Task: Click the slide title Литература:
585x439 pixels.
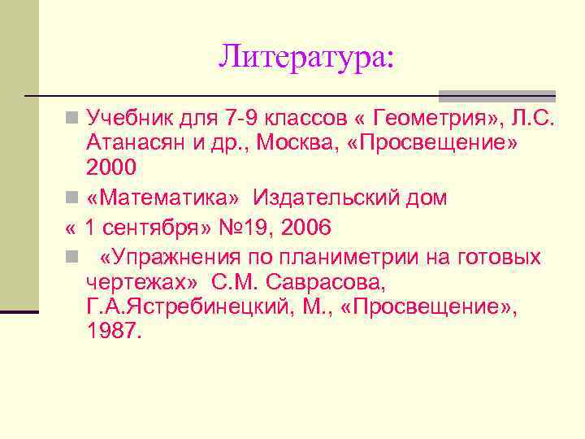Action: coord(305,57)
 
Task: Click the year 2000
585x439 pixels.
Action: coord(111,167)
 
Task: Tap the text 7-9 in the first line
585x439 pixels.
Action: coord(244,120)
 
